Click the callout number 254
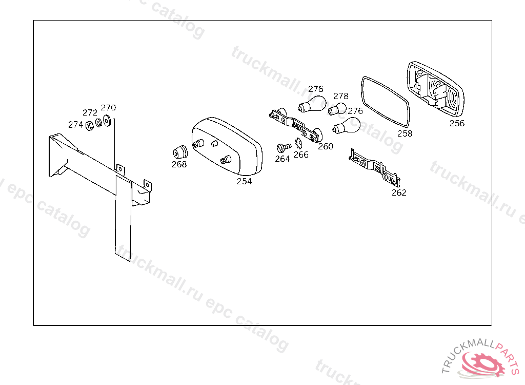click(244, 181)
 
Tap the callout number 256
click(457, 123)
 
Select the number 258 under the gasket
click(405, 133)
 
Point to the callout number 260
click(325, 146)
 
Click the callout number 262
click(398, 192)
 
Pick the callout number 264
click(282, 159)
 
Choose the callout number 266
click(301, 155)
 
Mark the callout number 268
click(179, 164)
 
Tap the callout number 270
click(108, 108)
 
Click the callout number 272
click(90, 112)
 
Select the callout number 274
click(75, 124)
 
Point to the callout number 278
click(340, 96)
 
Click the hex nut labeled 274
click(88, 125)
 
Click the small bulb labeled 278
click(337, 109)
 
